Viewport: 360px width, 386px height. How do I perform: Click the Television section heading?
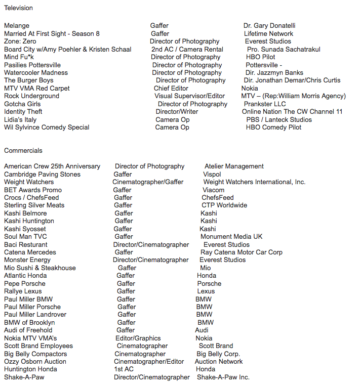click(x=18, y=8)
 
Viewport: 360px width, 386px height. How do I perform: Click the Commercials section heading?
click(x=23, y=151)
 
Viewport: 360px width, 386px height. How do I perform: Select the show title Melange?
click(x=17, y=26)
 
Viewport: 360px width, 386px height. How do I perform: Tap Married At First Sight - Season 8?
click(x=52, y=34)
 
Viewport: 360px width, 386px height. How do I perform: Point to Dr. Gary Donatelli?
click(x=269, y=26)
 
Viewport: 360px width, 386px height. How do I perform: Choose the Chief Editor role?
click(x=171, y=89)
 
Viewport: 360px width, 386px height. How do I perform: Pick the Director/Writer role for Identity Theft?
click(x=177, y=112)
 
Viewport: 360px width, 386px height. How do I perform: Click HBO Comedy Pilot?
click(x=273, y=127)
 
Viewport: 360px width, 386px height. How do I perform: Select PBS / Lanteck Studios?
click(x=279, y=120)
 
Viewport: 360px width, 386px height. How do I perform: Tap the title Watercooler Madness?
click(x=36, y=73)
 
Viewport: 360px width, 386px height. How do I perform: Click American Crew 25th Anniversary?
click(x=52, y=166)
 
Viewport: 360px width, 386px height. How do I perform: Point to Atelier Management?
click(x=234, y=166)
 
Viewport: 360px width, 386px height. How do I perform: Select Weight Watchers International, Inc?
click(x=254, y=182)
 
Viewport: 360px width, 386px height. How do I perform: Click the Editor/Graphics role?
click(x=138, y=338)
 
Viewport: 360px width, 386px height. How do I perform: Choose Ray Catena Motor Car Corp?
click(x=242, y=252)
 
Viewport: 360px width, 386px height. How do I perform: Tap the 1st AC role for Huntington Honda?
click(x=124, y=369)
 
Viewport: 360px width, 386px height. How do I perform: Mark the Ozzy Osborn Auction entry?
click(x=35, y=362)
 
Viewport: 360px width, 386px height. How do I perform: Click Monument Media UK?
click(x=231, y=237)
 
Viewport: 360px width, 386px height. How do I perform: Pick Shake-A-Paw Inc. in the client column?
click(x=223, y=377)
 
